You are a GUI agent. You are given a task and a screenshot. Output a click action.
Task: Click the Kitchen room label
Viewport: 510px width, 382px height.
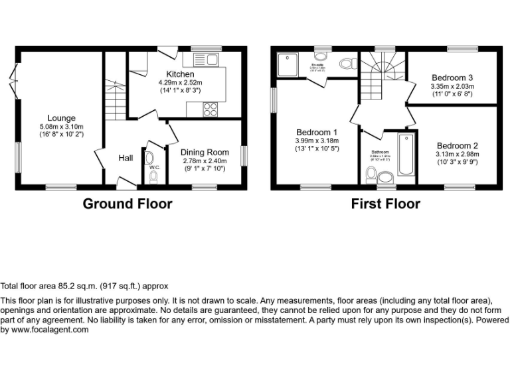pos(180,74)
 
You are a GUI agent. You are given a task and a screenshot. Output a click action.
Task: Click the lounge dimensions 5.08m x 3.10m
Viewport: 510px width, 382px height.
pos(60,127)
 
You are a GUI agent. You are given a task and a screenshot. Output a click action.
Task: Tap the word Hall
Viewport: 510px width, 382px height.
pos(126,159)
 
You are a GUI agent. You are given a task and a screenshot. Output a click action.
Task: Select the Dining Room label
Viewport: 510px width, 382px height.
pos(205,153)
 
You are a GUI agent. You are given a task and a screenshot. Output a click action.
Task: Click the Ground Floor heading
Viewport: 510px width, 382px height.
pos(127,204)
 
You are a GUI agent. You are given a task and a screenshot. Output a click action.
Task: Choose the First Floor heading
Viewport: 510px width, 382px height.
pos(385,204)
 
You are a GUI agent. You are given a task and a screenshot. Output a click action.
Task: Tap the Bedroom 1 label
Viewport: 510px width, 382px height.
pos(317,131)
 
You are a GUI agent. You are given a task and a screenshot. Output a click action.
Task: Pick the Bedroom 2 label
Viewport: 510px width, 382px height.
pos(457,146)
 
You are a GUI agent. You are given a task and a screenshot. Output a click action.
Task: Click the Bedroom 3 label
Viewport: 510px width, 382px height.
pos(452,77)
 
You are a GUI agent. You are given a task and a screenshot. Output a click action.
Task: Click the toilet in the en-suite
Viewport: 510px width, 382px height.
pos(346,64)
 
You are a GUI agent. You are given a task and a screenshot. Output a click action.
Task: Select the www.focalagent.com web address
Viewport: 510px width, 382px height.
pos(50,330)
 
